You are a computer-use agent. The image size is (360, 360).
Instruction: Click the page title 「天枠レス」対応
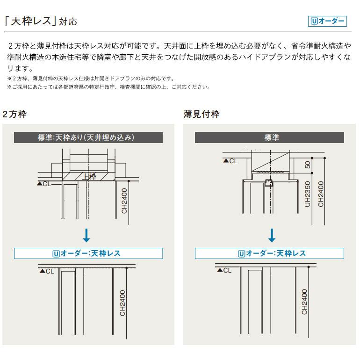click(x=40, y=22)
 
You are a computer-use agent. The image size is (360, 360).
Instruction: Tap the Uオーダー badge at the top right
click(x=327, y=22)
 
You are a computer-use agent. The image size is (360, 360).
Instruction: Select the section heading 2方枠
click(x=14, y=114)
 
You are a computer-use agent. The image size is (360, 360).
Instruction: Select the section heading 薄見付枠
click(x=201, y=114)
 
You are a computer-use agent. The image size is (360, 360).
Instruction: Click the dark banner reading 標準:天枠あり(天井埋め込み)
click(x=88, y=137)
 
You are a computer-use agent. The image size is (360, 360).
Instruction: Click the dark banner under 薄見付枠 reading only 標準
click(x=269, y=137)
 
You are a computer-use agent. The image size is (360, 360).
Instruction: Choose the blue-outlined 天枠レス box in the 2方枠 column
click(x=88, y=253)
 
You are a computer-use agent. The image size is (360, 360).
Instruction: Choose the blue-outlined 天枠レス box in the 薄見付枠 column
click(x=269, y=253)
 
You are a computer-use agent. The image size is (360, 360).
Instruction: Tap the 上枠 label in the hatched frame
click(x=89, y=177)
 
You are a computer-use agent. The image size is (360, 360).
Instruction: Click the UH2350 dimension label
click(x=307, y=194)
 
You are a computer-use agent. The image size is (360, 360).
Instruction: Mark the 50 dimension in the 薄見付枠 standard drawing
click(x=307, y=165)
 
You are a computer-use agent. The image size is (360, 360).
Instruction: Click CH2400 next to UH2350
click(x=321, y=194)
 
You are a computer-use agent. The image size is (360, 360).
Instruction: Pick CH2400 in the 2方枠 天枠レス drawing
click(x=122, y=302)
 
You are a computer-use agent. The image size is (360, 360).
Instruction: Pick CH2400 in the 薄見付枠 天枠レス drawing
click(x=304, y=302)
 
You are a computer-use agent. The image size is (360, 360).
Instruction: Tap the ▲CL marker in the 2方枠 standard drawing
click(x=44, y=184)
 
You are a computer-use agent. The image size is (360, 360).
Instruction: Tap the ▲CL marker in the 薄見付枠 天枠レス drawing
click(x=223, y=270)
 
